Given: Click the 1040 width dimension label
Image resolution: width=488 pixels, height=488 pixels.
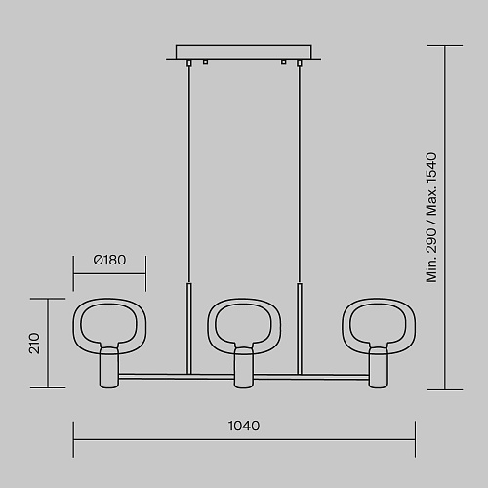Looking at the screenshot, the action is tap(244, 426).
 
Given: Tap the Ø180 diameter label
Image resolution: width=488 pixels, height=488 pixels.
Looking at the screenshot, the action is tap(109, 260).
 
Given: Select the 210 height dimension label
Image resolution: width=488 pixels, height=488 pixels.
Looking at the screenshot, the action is tap(34, 344).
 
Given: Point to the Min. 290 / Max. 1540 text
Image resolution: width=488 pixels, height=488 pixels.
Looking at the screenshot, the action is tap(431, 218).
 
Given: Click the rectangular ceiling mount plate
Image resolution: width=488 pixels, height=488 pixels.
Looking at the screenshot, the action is tap(244, 52).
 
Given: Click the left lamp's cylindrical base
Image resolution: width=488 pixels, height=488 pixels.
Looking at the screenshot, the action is tap(109, 368).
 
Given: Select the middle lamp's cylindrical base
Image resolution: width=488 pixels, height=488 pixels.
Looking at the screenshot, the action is tap(244, 368).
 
